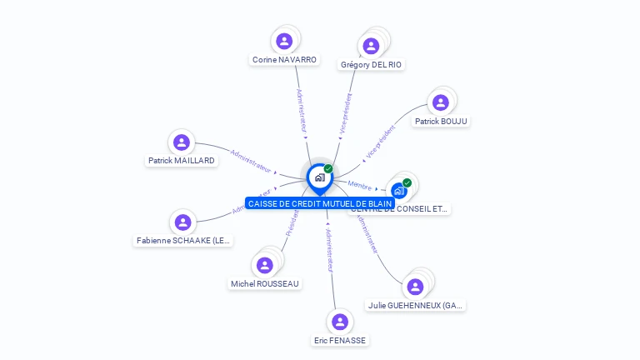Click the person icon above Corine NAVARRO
click(x=284, y=41)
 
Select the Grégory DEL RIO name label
click(x=372, y=64)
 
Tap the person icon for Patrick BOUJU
click(x=441, y=102)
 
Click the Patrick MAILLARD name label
click(x=182, y=160)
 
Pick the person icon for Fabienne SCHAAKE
click(x=182, y=222)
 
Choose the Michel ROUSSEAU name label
click(x=265, y=283)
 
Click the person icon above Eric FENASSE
click(x=339, y=322)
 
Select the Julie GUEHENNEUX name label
click(x=415, y=305)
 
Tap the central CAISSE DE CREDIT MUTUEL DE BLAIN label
click(x=319, y=203)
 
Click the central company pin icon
click(x=318, y=177)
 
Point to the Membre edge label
click(x=359, y=185)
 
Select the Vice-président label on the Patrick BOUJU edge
click(x=380, y=142)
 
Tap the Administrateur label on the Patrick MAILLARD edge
click(x=251, y=161)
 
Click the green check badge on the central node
click(x=328, y=168)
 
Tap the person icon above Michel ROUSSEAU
click(x=265, y=265)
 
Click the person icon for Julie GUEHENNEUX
click(x=415, y=287)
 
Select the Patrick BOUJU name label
click(x=441, y=121)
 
